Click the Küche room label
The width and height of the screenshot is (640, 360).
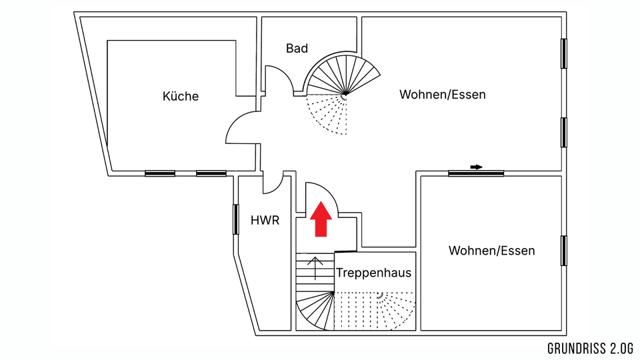tap(181, 97)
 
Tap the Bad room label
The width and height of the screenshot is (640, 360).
tap(297, 48)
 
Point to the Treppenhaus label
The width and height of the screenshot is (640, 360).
tap(373, 273)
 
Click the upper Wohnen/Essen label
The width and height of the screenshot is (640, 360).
tap(442, 95)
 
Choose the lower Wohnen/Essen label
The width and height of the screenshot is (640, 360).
tap(491, 251)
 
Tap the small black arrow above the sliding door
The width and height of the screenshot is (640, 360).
tap(476, 166)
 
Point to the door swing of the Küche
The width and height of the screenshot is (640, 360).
tap(241, 129)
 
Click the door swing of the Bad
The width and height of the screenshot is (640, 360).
tap(279, 79)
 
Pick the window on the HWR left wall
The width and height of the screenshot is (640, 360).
tap(236, 219)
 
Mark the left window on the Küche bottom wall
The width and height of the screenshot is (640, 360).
tap(160, 173)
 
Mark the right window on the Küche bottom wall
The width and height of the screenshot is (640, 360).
tap(211, 173)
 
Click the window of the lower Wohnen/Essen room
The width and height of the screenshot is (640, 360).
tap(564, 251)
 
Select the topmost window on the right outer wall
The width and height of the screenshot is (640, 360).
tap(564, 53)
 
